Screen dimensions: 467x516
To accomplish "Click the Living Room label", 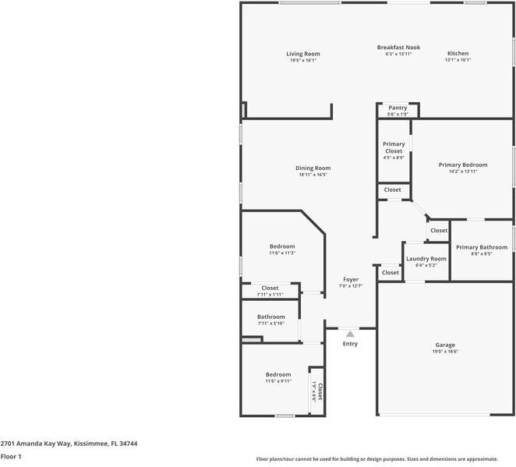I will [302, 54].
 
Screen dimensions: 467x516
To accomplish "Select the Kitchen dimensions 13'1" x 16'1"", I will [457, 60].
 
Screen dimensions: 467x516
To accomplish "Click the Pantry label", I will [398, 108].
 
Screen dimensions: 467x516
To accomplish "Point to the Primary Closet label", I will [394, 147].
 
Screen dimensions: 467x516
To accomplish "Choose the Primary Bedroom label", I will [462, 165].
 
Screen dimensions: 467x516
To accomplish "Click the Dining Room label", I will [313, 168].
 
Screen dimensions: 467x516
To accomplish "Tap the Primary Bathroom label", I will [481, 248].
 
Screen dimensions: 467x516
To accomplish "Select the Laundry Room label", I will [426, 258].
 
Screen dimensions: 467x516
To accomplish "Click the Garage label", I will [445, 345].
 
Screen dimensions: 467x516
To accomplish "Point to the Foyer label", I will [351, 279].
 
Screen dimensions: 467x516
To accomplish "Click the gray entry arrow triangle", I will [350, 334].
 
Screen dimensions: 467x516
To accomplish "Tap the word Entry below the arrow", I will [350, 344].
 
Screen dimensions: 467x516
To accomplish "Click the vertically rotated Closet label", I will [320, 391].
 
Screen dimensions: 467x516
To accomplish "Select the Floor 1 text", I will [10, 456].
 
